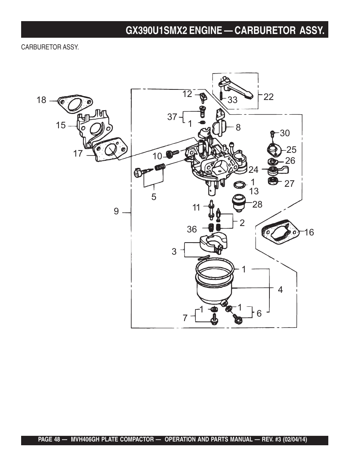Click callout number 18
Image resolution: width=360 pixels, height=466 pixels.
[x=42, y=100]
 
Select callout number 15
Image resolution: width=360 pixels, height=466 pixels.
[x=61, y=125]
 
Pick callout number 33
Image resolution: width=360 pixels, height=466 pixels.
[x=232, y=100]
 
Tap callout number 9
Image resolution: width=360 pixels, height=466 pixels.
[x=116, y=211]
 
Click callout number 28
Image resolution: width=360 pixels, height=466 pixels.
[x=257, y=205]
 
